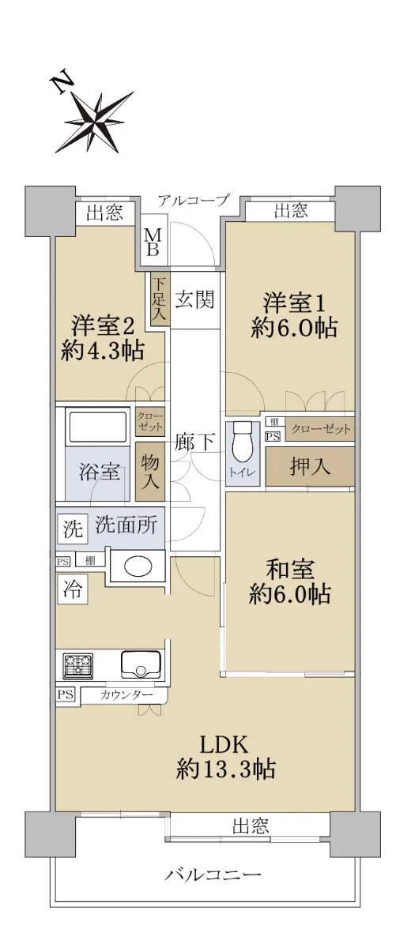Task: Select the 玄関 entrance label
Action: [194, 299]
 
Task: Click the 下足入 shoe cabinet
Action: [159, 299]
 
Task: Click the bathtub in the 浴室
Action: [96, 428]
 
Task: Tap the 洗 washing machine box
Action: [73, 529]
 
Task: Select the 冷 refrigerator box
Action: [73, 589]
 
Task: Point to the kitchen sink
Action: [141, 664]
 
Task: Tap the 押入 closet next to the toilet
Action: [310, 467]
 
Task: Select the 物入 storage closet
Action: [150, 472]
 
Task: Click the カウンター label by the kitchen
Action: [126, 695]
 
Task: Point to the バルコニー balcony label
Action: [213, 873]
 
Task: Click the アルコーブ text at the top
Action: [194, 200]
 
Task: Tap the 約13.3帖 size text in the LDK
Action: [226, 769]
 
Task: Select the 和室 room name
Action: [290, 570]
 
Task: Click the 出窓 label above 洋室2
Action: [105, 213]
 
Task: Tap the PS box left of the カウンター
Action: [66, 694]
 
